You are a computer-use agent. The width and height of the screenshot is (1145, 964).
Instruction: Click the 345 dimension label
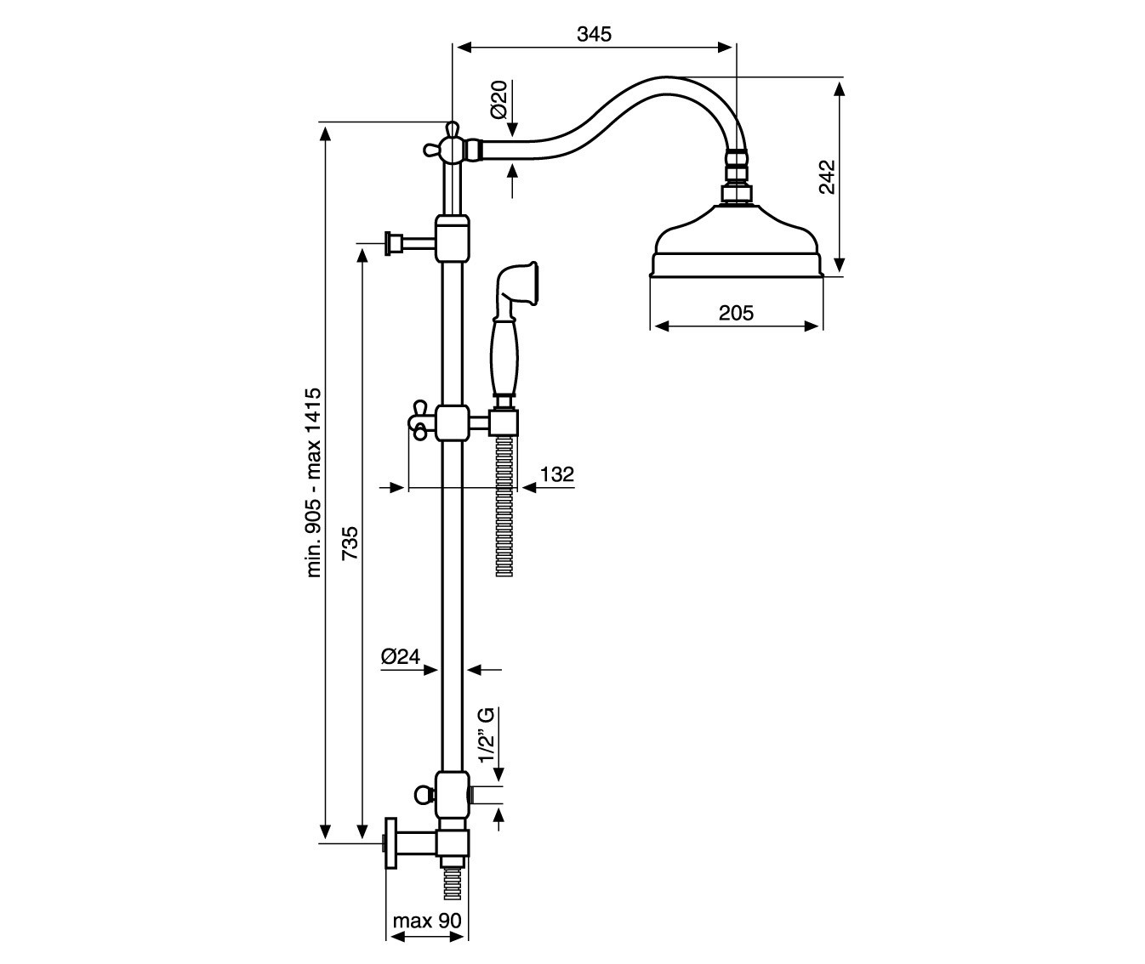pyautogui.click(x=594, y=35)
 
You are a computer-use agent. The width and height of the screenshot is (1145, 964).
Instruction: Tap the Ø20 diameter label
pyautogui.click(x=499, y=99)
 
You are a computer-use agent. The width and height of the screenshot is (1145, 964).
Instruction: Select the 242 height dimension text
pyautogui.click(x=827, y=177)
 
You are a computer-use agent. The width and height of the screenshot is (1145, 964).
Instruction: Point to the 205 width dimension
pyautogui.click(x=736, y=313)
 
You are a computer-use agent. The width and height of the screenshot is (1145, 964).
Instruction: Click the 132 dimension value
pyautogui.click(x=557, y=474)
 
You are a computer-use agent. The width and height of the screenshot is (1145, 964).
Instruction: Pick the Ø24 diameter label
pyautogui.click(x=401, y=656)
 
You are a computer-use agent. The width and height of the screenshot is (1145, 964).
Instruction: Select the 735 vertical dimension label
pyautogui.click(x=350, y=543)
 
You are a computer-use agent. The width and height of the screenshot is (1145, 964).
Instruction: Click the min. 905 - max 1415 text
pyautogui.click(x=313, y=483)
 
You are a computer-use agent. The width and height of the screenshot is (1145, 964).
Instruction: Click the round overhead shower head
pyautogui.click(x=737, y=240)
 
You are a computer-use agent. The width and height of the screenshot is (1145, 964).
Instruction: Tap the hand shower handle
pyautogui.click(x=504, y=359)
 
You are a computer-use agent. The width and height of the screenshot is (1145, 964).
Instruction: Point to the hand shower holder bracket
pyautogui.click(x=504, y=423)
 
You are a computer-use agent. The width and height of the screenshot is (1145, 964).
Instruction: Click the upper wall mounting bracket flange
pyautogui.click(x=393, y=243)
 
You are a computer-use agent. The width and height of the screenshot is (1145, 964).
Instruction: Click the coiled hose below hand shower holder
pyautogui.click(x=504, y=506)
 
